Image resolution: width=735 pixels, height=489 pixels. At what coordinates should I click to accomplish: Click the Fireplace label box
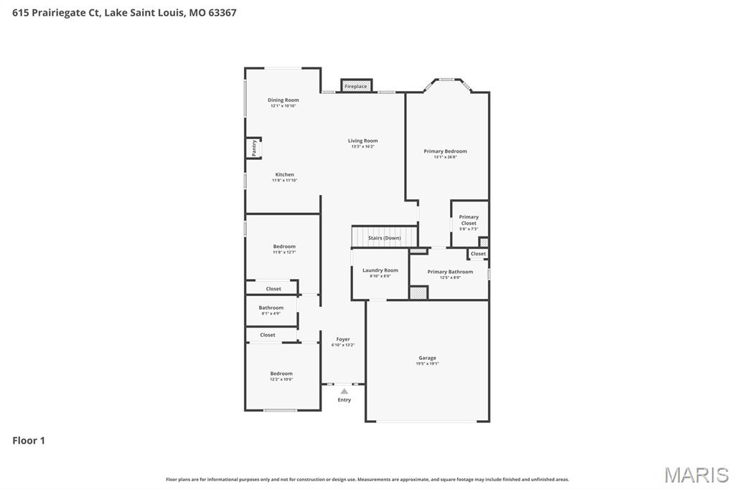pos(355,86)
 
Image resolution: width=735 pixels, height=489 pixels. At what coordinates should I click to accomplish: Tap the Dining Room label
pos(283,100)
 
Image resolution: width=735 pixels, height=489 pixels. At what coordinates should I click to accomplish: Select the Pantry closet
pos(254,148)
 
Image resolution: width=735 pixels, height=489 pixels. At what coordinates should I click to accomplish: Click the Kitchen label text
pos(284,175)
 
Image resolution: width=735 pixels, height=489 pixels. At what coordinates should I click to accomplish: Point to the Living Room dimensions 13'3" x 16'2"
pos(362,147)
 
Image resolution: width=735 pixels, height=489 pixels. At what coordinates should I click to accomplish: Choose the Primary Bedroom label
pos(445,151)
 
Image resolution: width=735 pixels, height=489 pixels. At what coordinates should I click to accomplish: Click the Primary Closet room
pos(469,222)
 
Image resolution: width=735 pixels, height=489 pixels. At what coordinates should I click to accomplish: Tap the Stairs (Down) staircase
pos(384,237)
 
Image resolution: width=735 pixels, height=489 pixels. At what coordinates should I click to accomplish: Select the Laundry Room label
pos(380,270)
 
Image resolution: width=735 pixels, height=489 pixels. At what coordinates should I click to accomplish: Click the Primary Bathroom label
pos(450,272)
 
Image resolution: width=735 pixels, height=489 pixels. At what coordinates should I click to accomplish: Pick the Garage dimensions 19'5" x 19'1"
pos(427,364)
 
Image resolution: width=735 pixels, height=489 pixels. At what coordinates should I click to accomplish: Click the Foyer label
pos(343,339)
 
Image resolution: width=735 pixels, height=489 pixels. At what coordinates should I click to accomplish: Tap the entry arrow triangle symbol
pos(345,391)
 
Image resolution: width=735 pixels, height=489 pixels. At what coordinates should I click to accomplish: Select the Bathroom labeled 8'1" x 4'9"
pos(271,310)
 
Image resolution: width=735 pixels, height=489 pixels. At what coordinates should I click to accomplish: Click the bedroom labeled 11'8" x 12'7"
pos(284,249)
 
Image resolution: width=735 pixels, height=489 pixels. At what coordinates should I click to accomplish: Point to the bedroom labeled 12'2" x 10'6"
pos(281,376)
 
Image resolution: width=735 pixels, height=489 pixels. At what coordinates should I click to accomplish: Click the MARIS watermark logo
pos(696,474)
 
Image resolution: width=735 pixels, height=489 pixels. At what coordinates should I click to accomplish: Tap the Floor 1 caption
pos(29,441)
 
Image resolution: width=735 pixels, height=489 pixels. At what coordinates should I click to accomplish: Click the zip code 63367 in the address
pos(222,13)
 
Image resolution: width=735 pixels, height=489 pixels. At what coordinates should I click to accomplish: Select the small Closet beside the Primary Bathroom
pos(478,254)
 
